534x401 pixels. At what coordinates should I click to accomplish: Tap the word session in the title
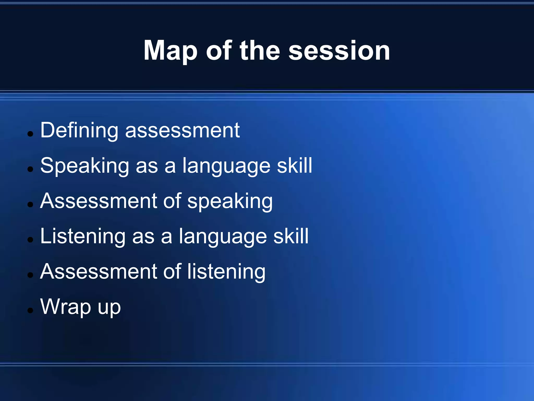point(339,51)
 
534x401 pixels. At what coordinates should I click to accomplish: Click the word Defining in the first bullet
point(79,130)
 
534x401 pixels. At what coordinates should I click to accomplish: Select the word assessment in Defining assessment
point(182,130)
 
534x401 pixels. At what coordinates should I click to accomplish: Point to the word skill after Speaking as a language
point(294,166)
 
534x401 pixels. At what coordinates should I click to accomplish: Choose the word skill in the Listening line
point(291,236)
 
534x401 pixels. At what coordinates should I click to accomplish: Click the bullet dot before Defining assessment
point(31,134)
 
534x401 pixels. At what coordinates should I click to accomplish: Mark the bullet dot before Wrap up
point(31,310)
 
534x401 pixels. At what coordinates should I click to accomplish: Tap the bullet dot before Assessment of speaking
point(31,204)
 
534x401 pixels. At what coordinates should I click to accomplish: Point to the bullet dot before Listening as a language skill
point(31,240)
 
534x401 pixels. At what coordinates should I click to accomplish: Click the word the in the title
point(260,51)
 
